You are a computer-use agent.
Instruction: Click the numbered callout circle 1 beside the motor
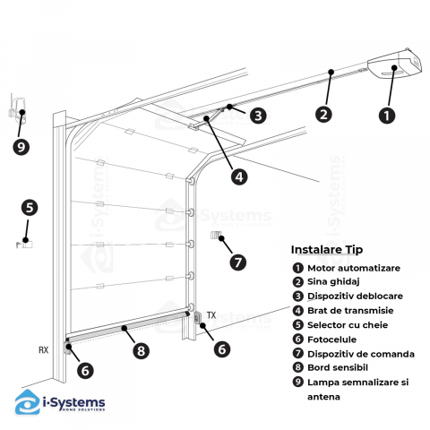pos(387,116)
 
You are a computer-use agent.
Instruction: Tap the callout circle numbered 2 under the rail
pos(323,114)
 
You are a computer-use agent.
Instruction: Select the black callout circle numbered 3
pos(258,116)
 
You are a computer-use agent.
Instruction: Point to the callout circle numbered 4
pos(239,176)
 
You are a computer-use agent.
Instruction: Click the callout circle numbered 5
pos(30,207)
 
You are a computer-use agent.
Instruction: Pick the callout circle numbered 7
pos(238,262)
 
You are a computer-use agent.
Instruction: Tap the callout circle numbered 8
pos(141,350)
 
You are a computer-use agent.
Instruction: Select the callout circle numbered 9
pos(21,147)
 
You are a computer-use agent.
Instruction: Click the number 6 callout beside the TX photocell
pos(222,348)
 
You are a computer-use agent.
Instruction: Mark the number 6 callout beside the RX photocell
pos(85,371)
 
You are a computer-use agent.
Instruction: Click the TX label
pos(211,315)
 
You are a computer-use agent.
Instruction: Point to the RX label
pos(44,349)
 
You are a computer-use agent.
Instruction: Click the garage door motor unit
pos(395,64)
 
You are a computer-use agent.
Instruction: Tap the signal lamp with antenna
pos(17,109)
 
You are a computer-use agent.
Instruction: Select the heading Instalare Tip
pos(327,250)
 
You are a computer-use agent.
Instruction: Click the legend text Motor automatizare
pos(354,268)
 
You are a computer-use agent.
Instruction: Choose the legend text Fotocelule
pos(331,340)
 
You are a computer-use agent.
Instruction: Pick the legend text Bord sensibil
pos(338,367)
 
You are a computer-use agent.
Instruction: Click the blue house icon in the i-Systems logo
pos(28,401)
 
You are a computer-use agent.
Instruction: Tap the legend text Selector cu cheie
pos(348,325)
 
